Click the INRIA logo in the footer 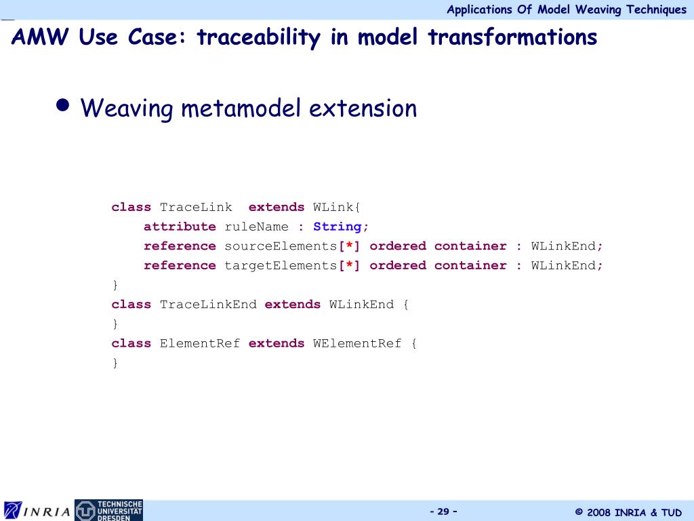pos(37,510)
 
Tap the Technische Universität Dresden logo pos(108,510)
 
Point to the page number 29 pos(443,511)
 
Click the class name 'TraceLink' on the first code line pos(196,207)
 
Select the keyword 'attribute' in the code pos(180,227)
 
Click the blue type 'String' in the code pos(338,227)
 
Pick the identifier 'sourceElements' pos(281,246)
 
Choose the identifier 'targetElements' pos(281,265)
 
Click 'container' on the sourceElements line pos(470,246)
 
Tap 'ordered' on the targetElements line pos(398,265)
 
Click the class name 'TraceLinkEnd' pos(208,304)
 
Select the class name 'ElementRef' pos(200,343)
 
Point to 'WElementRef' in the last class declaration pos(357,343)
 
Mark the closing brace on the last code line pos(115,363)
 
